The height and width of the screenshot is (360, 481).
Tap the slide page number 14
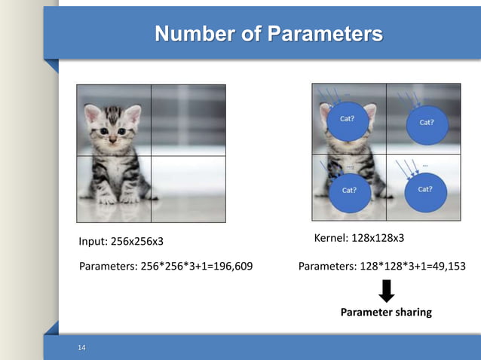click(x=82, y=346)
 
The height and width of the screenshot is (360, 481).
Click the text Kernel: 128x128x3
click(x=358, y=238)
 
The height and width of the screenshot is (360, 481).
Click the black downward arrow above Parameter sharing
click(x=384, y=290)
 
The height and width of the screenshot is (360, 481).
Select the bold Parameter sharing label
click(x=386, y=312)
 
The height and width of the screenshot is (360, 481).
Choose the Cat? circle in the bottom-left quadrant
click(x=349, y=191)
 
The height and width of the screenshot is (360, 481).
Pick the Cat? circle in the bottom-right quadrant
click(x=424, y=189)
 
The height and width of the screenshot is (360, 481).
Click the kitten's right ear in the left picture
click(x=133, y=114)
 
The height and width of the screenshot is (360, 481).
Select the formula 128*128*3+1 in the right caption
click(x=391, y=265)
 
